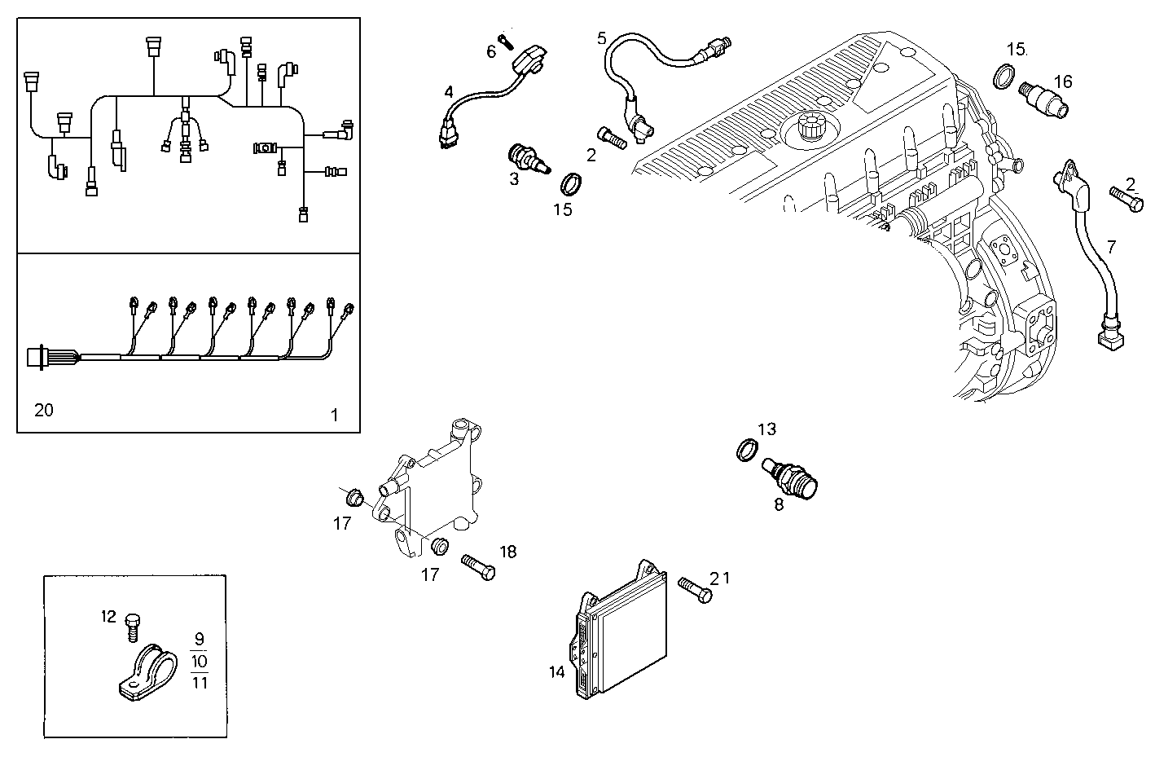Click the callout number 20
(44, 410)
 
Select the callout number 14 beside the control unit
(557, 672)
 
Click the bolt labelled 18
(478, 566)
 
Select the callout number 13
(766, 429)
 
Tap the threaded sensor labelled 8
(793, 476)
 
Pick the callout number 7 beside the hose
(1112, 247)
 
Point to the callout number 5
(602, 37)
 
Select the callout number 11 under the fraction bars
(200, 683)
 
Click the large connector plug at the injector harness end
(39, 358)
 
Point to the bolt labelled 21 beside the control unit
(693, 591)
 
